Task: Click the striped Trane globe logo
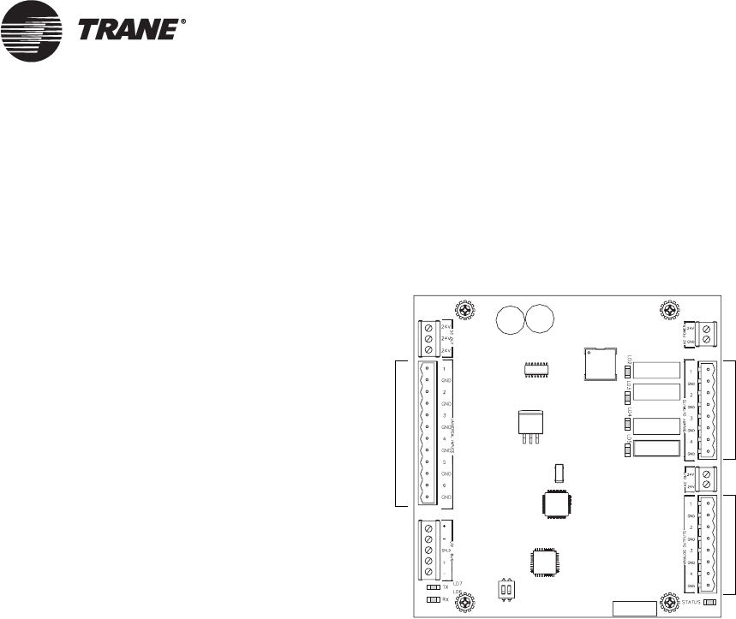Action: [31, 32]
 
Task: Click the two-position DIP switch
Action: [510, 590]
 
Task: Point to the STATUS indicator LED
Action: [709, 604]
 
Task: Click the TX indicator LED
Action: [434, 588]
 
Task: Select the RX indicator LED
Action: [434, 599]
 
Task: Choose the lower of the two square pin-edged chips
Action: [545, 563]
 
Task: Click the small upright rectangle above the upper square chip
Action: [559, 473]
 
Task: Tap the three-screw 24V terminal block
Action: [428, 338]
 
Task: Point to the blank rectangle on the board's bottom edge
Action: [631, 609]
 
